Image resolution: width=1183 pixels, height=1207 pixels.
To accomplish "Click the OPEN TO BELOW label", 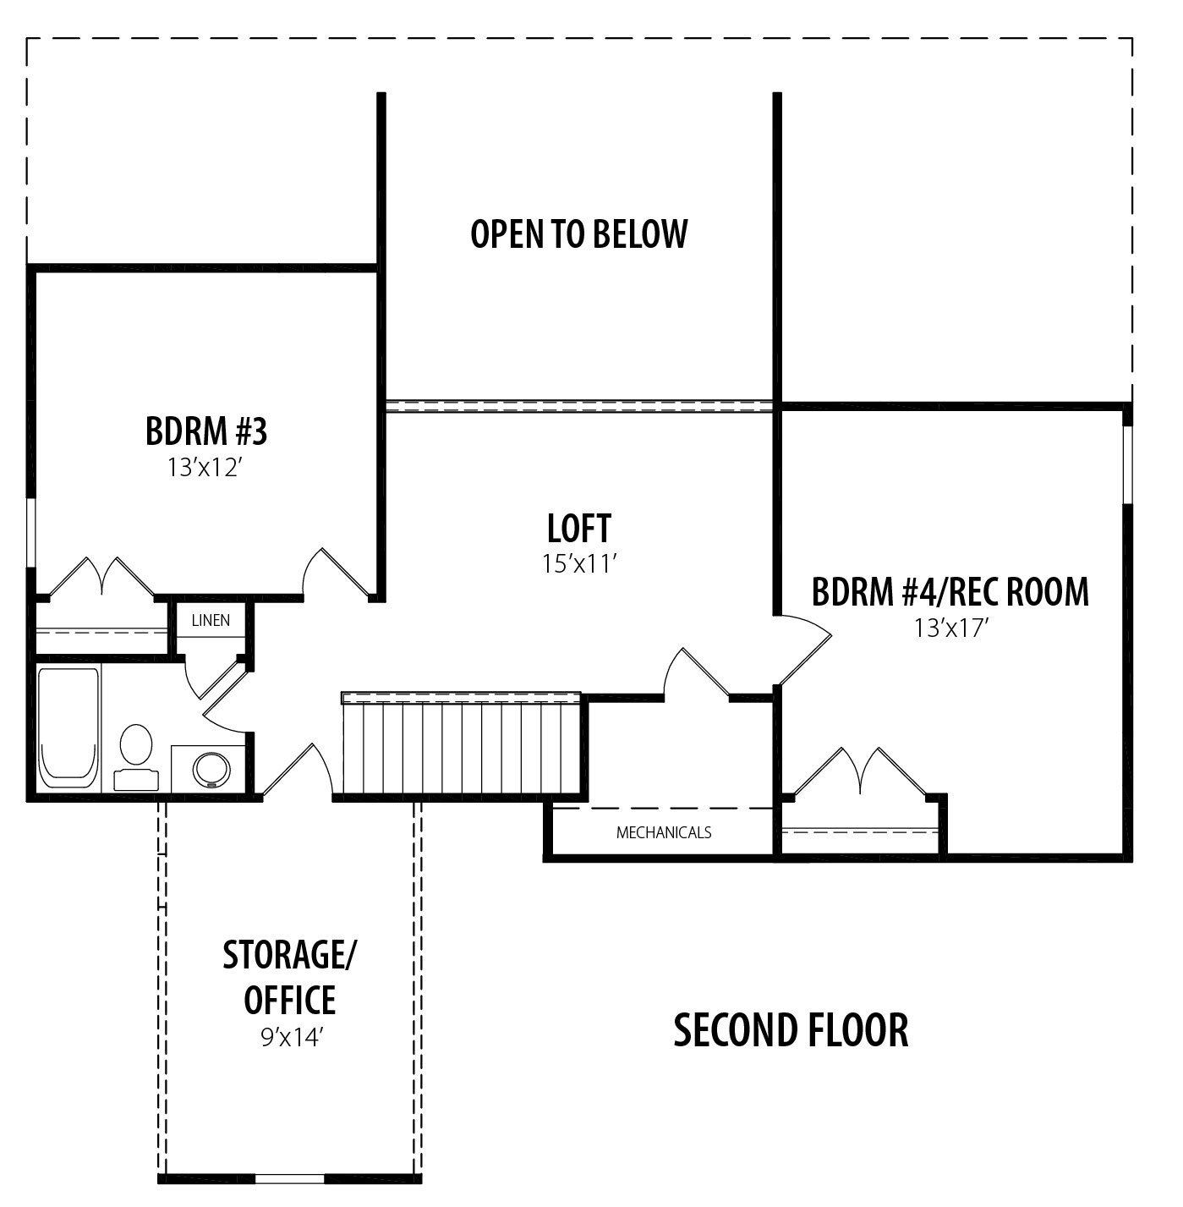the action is pos(578,233).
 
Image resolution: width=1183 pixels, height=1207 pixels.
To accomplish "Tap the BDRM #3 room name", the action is pos(206,431).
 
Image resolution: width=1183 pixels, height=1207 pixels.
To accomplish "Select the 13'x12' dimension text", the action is pos(204,467).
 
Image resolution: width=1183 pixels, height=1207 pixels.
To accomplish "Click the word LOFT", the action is pos(579,528).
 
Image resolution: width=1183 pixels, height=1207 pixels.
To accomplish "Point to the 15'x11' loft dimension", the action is pos(580,563).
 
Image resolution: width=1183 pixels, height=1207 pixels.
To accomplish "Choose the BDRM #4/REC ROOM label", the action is pos(950,592).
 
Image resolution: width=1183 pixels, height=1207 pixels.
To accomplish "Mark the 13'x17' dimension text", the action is pos(950,628).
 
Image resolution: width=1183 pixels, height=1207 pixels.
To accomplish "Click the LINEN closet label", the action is pos(211,620).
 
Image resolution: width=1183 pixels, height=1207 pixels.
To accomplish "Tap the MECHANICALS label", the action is pos(664,832).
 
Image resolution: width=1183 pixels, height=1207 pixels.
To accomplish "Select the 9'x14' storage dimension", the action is pos(291,1038).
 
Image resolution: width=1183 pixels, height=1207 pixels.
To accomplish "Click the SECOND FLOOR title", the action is pos(791,1030).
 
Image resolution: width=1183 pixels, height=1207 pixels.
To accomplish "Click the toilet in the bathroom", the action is pos(136,757).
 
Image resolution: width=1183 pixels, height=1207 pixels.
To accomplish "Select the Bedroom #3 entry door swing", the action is pos(335,574).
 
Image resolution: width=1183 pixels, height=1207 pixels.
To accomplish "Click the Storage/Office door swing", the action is pos(298,771).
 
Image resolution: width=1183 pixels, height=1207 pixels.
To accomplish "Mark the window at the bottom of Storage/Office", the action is pos(290,1178).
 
